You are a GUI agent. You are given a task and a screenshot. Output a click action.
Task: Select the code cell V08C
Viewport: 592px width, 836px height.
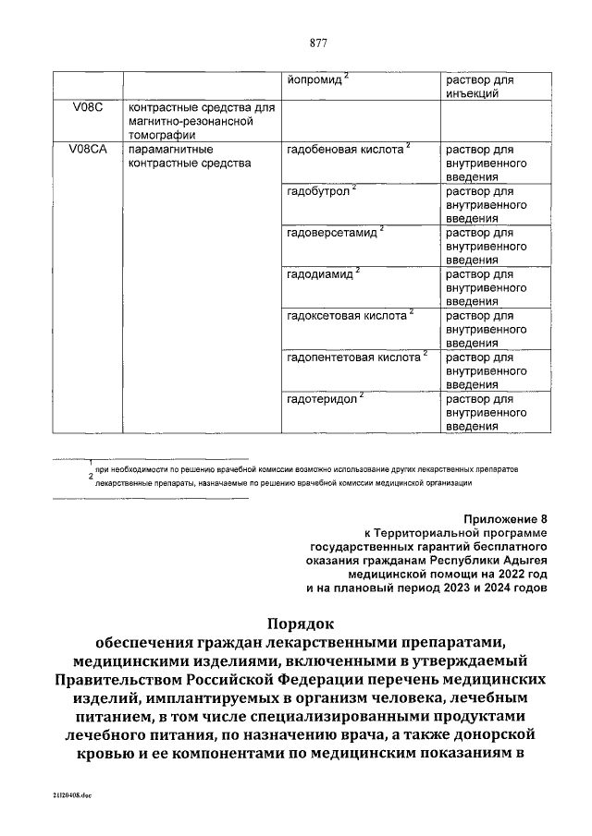click(x=85, y=109)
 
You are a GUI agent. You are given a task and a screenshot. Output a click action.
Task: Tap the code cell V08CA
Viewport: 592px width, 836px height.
click(x=89, y=150)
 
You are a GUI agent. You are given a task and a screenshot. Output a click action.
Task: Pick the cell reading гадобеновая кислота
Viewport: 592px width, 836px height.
click(x=346, y=150)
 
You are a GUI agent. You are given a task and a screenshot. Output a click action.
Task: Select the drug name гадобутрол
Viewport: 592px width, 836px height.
click(x=320, y=191)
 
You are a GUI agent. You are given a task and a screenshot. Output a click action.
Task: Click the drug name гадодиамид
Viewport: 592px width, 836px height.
click(x=322, y=274)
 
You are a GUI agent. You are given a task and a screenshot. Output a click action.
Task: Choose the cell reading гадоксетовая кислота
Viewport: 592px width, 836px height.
click(x=347, y=316)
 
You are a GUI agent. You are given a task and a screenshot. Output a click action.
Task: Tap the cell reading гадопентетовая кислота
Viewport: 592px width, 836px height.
click(x=353, y=357)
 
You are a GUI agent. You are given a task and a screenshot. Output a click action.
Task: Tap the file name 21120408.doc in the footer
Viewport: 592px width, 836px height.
click(x=59, y=794)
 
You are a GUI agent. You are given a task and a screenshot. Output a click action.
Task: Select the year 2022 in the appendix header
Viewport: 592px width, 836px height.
click(x=506, y=573)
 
